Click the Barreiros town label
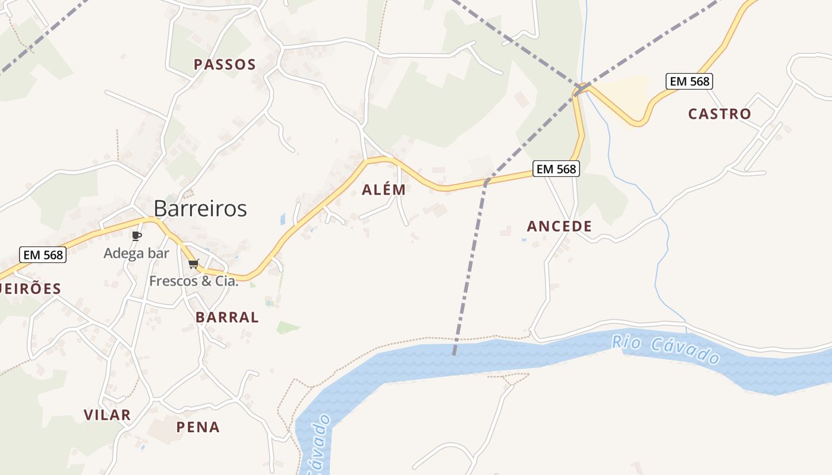point(200,208)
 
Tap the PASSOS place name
point(225,65)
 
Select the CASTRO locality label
point(719,114)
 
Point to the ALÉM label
point(384,190)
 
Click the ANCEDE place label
point(559,226)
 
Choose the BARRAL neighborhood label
point(227,318)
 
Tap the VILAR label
point(107,415)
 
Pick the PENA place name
point(198,427)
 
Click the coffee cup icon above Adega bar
point(136,236)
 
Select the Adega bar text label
point(136,254)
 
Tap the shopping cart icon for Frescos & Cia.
point(193,264)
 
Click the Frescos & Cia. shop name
point(194,281)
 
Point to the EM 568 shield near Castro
point(689,81)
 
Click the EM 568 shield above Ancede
point(556,169)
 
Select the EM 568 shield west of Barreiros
point(43,255)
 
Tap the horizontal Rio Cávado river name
point(666,350)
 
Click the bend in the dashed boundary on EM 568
point(486,181)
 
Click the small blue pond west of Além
point(283,218)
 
